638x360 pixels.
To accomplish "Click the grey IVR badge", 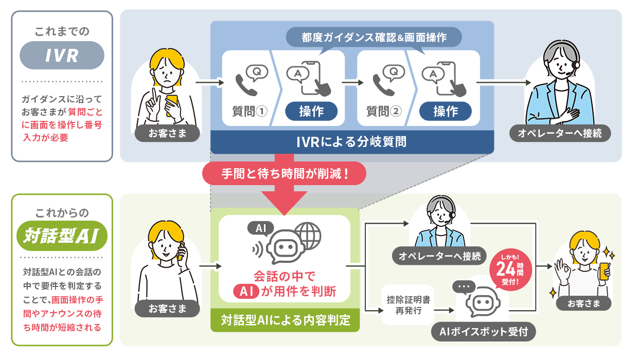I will (62, 55).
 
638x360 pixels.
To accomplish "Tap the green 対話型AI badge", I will (62, 237).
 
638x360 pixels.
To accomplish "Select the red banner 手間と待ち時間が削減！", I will (285, 173).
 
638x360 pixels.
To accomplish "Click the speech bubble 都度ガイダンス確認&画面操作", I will (374, 38).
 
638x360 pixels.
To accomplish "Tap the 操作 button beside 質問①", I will (311, 111).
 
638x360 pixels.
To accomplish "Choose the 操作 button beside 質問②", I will (446, 111).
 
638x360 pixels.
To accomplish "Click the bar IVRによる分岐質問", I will (352, 141).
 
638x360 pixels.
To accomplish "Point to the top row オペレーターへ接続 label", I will (559, 134).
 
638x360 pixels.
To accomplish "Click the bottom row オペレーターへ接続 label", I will (439, 255).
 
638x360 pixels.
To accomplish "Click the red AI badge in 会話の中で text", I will (246, 292).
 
